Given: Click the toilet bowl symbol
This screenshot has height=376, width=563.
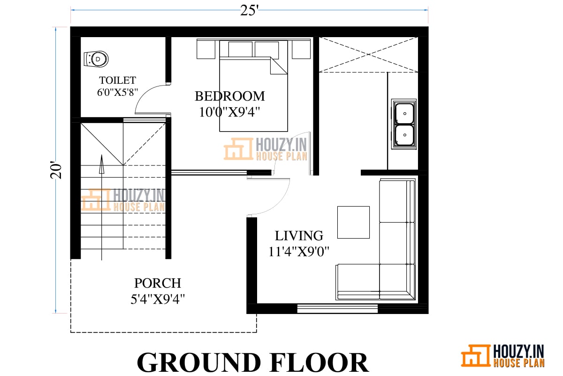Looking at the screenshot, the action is pos(96,59).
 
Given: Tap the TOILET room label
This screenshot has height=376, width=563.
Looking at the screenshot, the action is pos(118,80).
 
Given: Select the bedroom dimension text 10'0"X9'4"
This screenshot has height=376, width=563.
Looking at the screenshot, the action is pos(229,112).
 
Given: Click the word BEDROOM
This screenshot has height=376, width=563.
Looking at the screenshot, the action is pos(230,96).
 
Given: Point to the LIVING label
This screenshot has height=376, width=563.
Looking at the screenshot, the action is pos(299,236).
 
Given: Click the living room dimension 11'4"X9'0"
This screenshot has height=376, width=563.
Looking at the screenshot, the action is pos(299,251).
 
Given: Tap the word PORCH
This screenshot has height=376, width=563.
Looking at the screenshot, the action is pos(158,283).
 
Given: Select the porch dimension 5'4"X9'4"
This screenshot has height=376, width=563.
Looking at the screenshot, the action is pos(158,299).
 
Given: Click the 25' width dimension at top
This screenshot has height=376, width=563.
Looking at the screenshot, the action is pos(249,11).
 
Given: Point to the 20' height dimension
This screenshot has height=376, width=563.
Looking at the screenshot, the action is pos(56,170).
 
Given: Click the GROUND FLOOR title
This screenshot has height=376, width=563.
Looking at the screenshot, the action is pos(253,362).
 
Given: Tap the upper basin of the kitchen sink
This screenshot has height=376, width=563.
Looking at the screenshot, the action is pos(404,114).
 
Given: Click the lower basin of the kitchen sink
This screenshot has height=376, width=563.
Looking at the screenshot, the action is pos(404,135).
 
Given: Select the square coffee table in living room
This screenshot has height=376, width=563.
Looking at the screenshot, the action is pos(353,222).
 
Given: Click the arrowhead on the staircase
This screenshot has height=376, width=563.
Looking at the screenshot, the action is pos(101,164).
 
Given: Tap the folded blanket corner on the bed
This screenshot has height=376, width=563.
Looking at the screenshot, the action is pos(279,66).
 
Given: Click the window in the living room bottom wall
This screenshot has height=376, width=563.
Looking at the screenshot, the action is pos(337,308).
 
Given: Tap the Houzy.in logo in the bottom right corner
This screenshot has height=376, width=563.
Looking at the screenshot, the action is pos(502,356).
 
